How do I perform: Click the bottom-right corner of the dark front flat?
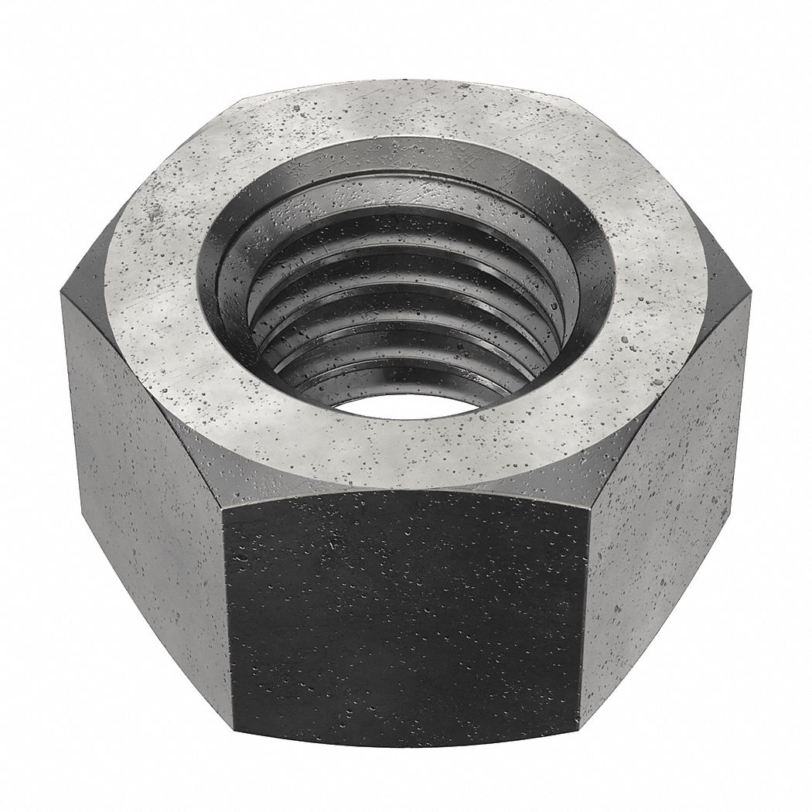pyautogui.click(x=582, y=727)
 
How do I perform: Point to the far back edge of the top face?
pyautogui.click(x=406, y=83)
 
